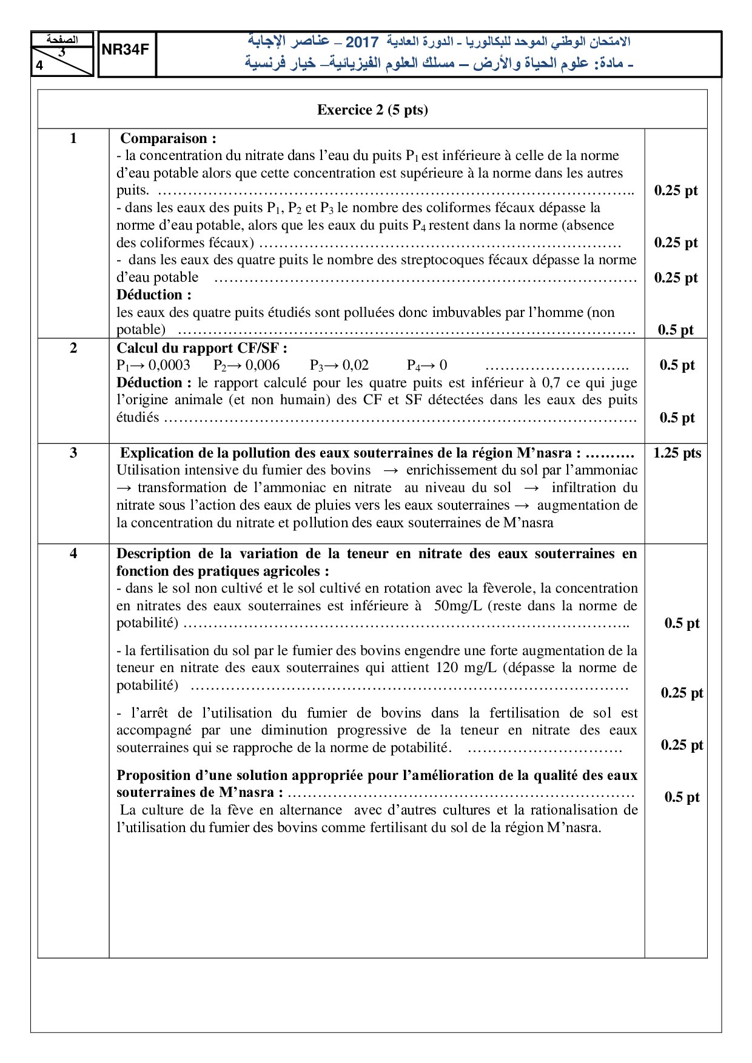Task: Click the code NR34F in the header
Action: (126, 50)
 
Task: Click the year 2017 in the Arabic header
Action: (362, 42)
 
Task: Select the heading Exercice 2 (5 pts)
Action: (372, 110)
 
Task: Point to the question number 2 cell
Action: (73, 348)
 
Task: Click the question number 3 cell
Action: (73, 453)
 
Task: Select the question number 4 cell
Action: (73, 553)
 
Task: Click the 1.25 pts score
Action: (677, 453)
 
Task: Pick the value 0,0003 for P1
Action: (169, 365)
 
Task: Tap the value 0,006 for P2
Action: (263, 365)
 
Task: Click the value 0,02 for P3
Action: (355, 365)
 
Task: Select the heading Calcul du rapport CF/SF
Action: (201, 348)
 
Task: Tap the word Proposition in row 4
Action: (152, 775)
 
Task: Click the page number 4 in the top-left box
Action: (40, 66)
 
